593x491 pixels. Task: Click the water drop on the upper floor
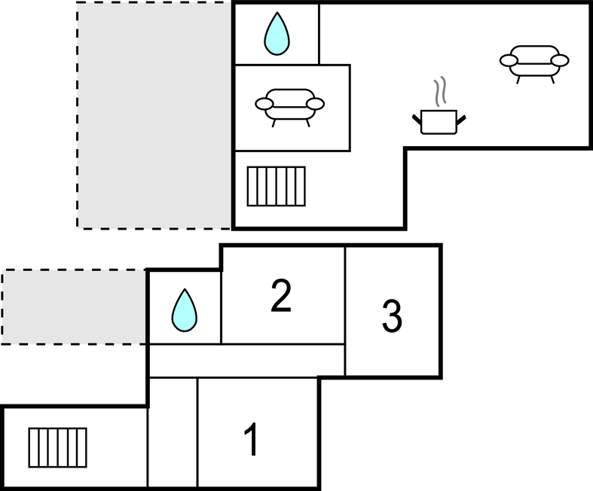(277, 35)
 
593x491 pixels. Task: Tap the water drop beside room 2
(184, 310)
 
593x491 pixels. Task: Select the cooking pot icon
(439, 121)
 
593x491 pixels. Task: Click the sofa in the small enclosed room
(290, 106)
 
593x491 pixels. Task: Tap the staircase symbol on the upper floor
(277, 186)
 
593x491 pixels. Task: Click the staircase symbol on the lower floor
(57, 447)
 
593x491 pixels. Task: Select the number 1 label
(252, 441)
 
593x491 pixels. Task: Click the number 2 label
(280, 297)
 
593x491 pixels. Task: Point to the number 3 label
(392, 317)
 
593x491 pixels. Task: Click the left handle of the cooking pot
(417, 118)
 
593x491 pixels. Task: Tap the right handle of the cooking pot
(460, 118)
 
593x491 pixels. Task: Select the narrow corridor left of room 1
(173, 432)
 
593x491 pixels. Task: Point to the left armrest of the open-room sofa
(509, 60)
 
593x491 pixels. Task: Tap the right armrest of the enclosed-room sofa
(316, 104)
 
